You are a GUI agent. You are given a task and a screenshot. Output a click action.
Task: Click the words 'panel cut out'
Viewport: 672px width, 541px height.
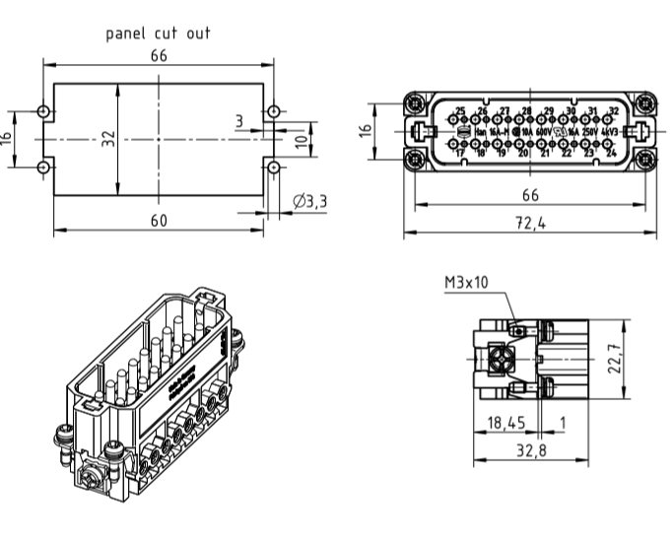coord(158,33)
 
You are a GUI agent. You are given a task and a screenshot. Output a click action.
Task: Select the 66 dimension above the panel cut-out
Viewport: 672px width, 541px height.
coord(158,56)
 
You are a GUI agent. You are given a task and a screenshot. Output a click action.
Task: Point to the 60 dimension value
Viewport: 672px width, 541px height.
coord(158,220)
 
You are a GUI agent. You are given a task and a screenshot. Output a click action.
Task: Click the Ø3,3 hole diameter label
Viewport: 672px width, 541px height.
coord(309,201)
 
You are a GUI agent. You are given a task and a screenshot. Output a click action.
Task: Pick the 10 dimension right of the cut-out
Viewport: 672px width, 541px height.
coord(302,139)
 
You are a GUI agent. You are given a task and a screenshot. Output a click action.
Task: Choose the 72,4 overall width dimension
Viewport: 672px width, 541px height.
coord(529,223)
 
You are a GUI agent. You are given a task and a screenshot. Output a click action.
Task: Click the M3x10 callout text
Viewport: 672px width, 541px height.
coord(466,282)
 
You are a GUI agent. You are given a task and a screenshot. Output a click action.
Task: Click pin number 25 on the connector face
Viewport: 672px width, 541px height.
coord(460,110)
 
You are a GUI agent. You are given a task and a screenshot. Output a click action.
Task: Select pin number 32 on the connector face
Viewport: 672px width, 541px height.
coord(613,110)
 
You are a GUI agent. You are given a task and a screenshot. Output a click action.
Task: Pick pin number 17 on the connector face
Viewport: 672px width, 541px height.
coord(459,152)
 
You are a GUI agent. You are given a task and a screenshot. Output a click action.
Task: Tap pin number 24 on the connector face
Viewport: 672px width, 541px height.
coord(611,152)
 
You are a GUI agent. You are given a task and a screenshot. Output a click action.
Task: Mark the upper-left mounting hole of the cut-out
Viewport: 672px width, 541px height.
coord(42,111)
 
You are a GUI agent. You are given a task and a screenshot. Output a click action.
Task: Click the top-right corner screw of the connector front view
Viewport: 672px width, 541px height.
coord(644,101)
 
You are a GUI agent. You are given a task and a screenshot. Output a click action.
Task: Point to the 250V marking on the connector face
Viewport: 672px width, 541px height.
coord(589,131)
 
